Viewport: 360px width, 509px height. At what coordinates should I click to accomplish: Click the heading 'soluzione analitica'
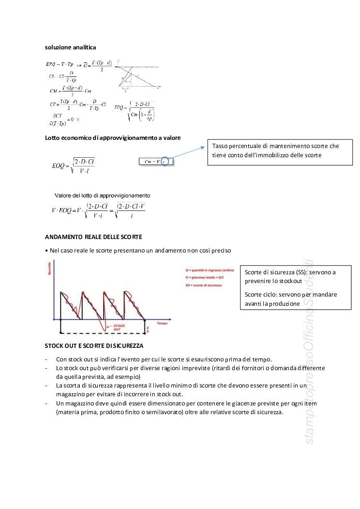point(70,47)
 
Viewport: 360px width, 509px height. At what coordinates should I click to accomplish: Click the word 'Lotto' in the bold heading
point(53,138)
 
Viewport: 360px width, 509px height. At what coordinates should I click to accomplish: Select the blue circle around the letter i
point(165,162)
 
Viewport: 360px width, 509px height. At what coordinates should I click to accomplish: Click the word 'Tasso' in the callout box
point(221,146)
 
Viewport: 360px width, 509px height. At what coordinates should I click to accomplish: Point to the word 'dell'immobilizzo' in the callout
point(279,155)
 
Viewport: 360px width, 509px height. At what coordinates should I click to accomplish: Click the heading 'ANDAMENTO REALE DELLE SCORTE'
point(93,237)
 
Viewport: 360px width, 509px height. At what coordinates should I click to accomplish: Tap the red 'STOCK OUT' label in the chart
point(119,328)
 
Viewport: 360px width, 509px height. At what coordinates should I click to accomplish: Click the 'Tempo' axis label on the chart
point(162,322)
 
